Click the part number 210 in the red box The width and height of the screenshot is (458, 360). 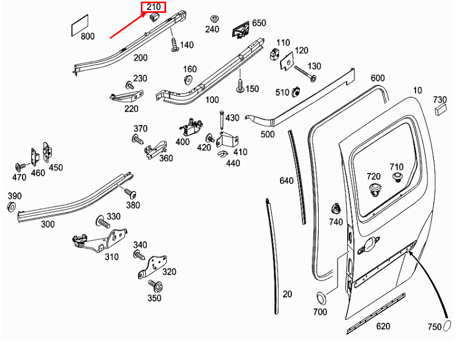(x=153, y=7)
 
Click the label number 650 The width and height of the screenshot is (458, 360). (x=259, y=23)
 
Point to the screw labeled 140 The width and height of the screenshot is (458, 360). (x=174, y=44)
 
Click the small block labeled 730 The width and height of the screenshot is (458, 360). (x=440, y=110)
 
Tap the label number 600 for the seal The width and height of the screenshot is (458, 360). (x=378, y=78)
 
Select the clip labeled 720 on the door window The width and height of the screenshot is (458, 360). (x=375, y=189)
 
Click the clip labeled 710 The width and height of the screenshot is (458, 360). (x=397, y=178)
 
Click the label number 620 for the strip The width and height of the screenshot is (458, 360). (x=383, y=326)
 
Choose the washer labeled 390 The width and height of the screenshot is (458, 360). (x=11, y=207)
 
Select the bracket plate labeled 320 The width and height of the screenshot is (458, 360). (x=152, y=267)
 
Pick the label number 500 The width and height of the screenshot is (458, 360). (x=267, y=134)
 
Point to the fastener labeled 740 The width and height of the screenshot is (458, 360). (x=336, y=208)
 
